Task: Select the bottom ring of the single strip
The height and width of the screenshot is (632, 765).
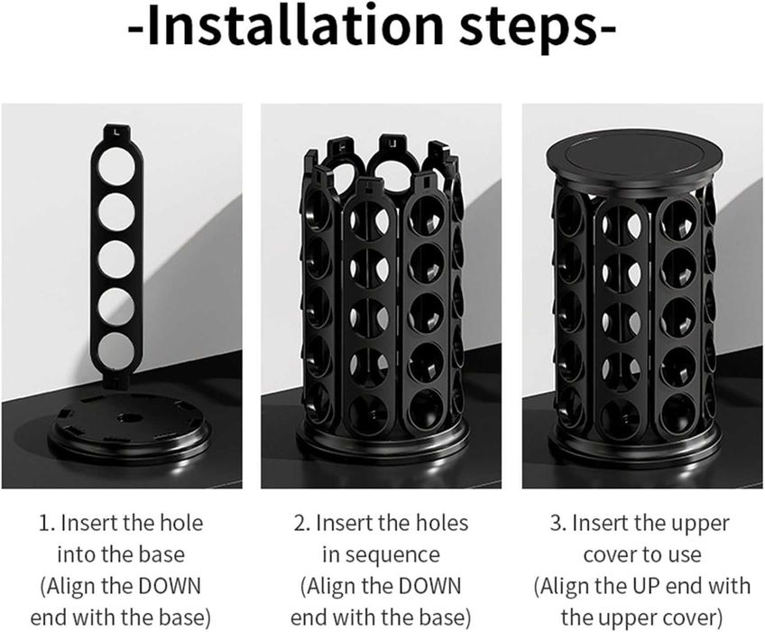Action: (116, 349)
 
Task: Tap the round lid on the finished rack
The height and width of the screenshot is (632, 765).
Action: (634, 165)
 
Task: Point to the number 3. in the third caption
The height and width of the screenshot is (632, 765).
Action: (558, 524)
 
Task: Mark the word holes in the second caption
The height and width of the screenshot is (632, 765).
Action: (439, 524)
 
